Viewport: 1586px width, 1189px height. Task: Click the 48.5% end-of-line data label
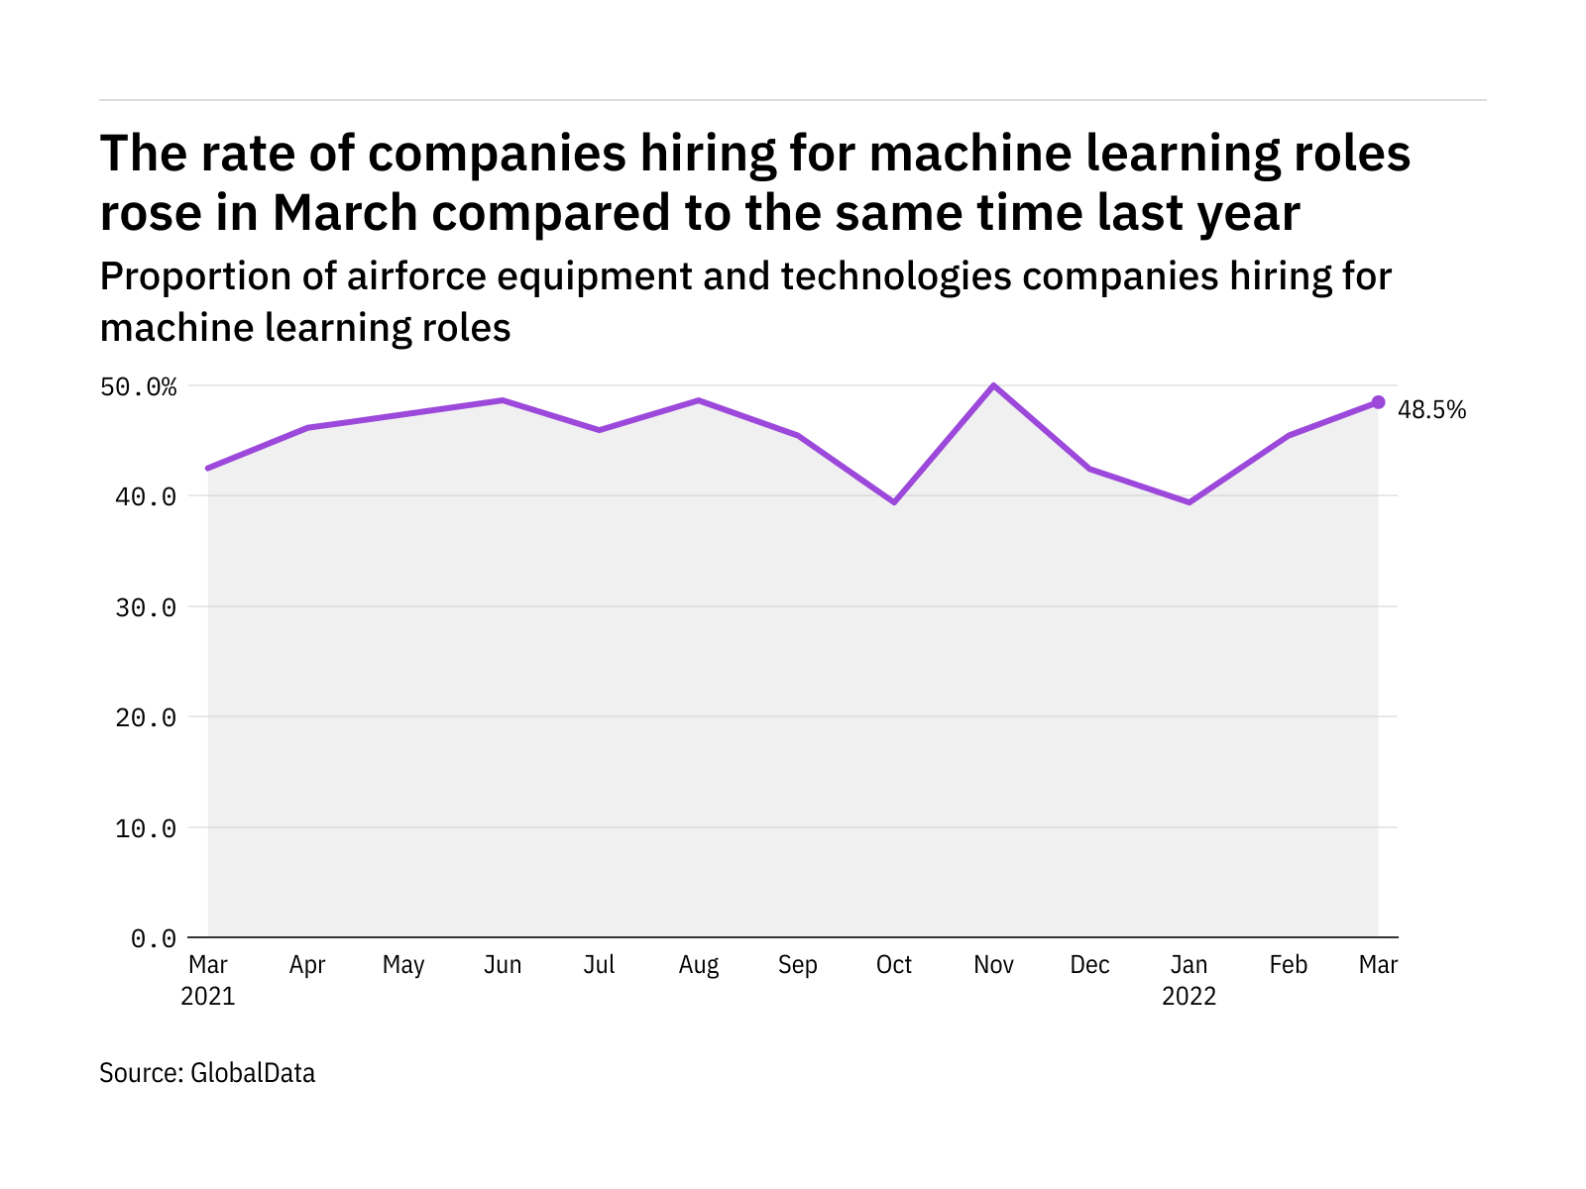1431,410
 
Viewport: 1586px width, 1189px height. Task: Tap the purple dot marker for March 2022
1378,402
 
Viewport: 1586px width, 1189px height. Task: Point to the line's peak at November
993,385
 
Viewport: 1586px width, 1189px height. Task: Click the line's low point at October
894,502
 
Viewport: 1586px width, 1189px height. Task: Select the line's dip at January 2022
1189,502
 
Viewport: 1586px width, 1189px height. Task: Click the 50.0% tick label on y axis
138,386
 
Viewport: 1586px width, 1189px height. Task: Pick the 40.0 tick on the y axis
146,496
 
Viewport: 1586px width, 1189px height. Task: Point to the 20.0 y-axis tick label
146,717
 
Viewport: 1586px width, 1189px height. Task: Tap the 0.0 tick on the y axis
154,938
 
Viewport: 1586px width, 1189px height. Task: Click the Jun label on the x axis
503,965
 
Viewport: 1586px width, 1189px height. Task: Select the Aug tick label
699,965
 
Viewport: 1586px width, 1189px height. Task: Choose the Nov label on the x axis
993,965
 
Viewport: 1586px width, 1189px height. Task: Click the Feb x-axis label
1288,965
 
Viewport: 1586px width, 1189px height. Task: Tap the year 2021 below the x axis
208,997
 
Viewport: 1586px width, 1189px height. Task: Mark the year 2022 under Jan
1189,997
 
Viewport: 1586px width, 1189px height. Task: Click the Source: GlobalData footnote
207,1073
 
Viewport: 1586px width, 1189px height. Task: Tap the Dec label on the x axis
1089,965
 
